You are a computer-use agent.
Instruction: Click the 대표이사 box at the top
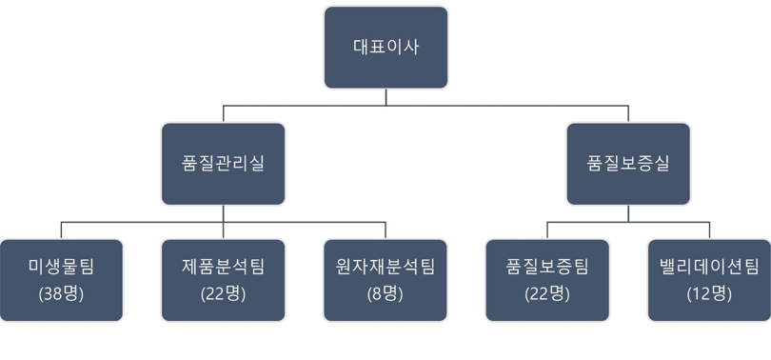click(385, 48)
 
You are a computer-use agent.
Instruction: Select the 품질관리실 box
click(223, 163)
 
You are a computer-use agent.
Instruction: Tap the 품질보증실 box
click(628, 163)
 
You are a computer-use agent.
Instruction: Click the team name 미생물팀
click(62, 267)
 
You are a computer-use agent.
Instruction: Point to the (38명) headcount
click(62, 293)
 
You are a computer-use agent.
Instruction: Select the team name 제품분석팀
click(224, 267)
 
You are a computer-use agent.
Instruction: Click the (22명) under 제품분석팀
click(224, 293)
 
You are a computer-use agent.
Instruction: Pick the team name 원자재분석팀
click(385, 267)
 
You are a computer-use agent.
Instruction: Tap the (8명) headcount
click(385, 293)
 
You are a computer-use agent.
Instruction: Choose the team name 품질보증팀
click(547, 267)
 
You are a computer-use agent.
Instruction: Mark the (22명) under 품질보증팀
click(547, 293)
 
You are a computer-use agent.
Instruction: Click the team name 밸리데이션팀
click(709, 267)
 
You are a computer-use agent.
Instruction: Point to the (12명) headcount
click(709, 293)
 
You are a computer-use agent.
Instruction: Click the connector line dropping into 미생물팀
click(62, 230)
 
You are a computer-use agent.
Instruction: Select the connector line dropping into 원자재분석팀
click(385, 230)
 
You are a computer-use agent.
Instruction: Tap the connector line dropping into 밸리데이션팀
click(709, 230)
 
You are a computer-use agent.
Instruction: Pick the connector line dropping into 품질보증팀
click(547, 230)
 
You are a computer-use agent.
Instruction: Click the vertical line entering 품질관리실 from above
click(224, 113)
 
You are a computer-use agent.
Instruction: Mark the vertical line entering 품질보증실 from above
click(628, 113)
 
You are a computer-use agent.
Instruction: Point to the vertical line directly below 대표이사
click(385, 96)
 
